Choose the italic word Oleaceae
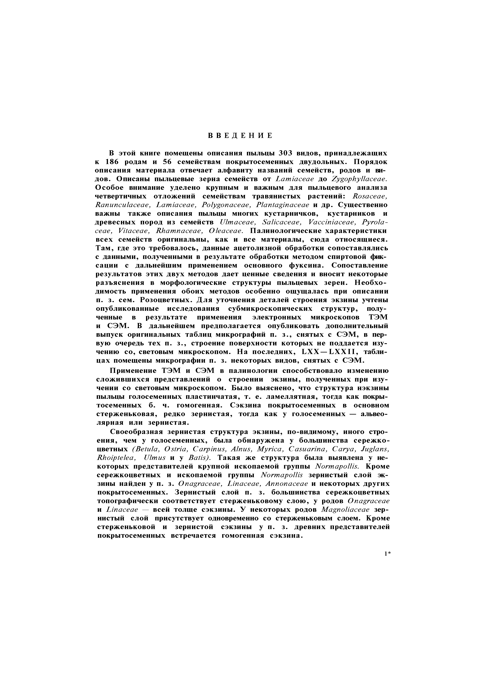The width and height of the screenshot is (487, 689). click(x=226, y=231)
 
